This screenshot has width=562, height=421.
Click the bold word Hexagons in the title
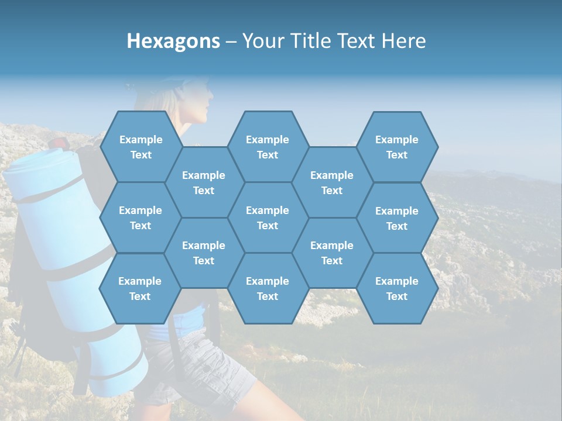click(173, 41)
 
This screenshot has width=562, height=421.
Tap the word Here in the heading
click(403, 41)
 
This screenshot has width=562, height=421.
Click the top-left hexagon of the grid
click(140, 147)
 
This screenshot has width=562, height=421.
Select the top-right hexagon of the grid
click(397, 147)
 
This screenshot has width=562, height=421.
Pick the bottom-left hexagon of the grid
click(140, 288)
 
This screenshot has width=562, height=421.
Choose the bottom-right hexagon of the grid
click(397, 288)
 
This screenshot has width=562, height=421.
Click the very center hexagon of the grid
click(268, 218)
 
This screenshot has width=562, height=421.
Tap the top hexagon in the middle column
click(268, 147)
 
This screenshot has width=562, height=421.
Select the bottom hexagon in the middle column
click(268, 288)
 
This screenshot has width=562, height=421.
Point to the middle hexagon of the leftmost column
click(140, 218)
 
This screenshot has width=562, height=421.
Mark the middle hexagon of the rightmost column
click(397, 218)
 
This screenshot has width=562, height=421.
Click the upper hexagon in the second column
click(204, 182)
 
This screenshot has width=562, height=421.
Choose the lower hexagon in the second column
click(204, 253)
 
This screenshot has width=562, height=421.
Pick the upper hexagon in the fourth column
click(332, 182)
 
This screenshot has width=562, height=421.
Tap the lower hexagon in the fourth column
click(332, 253)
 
